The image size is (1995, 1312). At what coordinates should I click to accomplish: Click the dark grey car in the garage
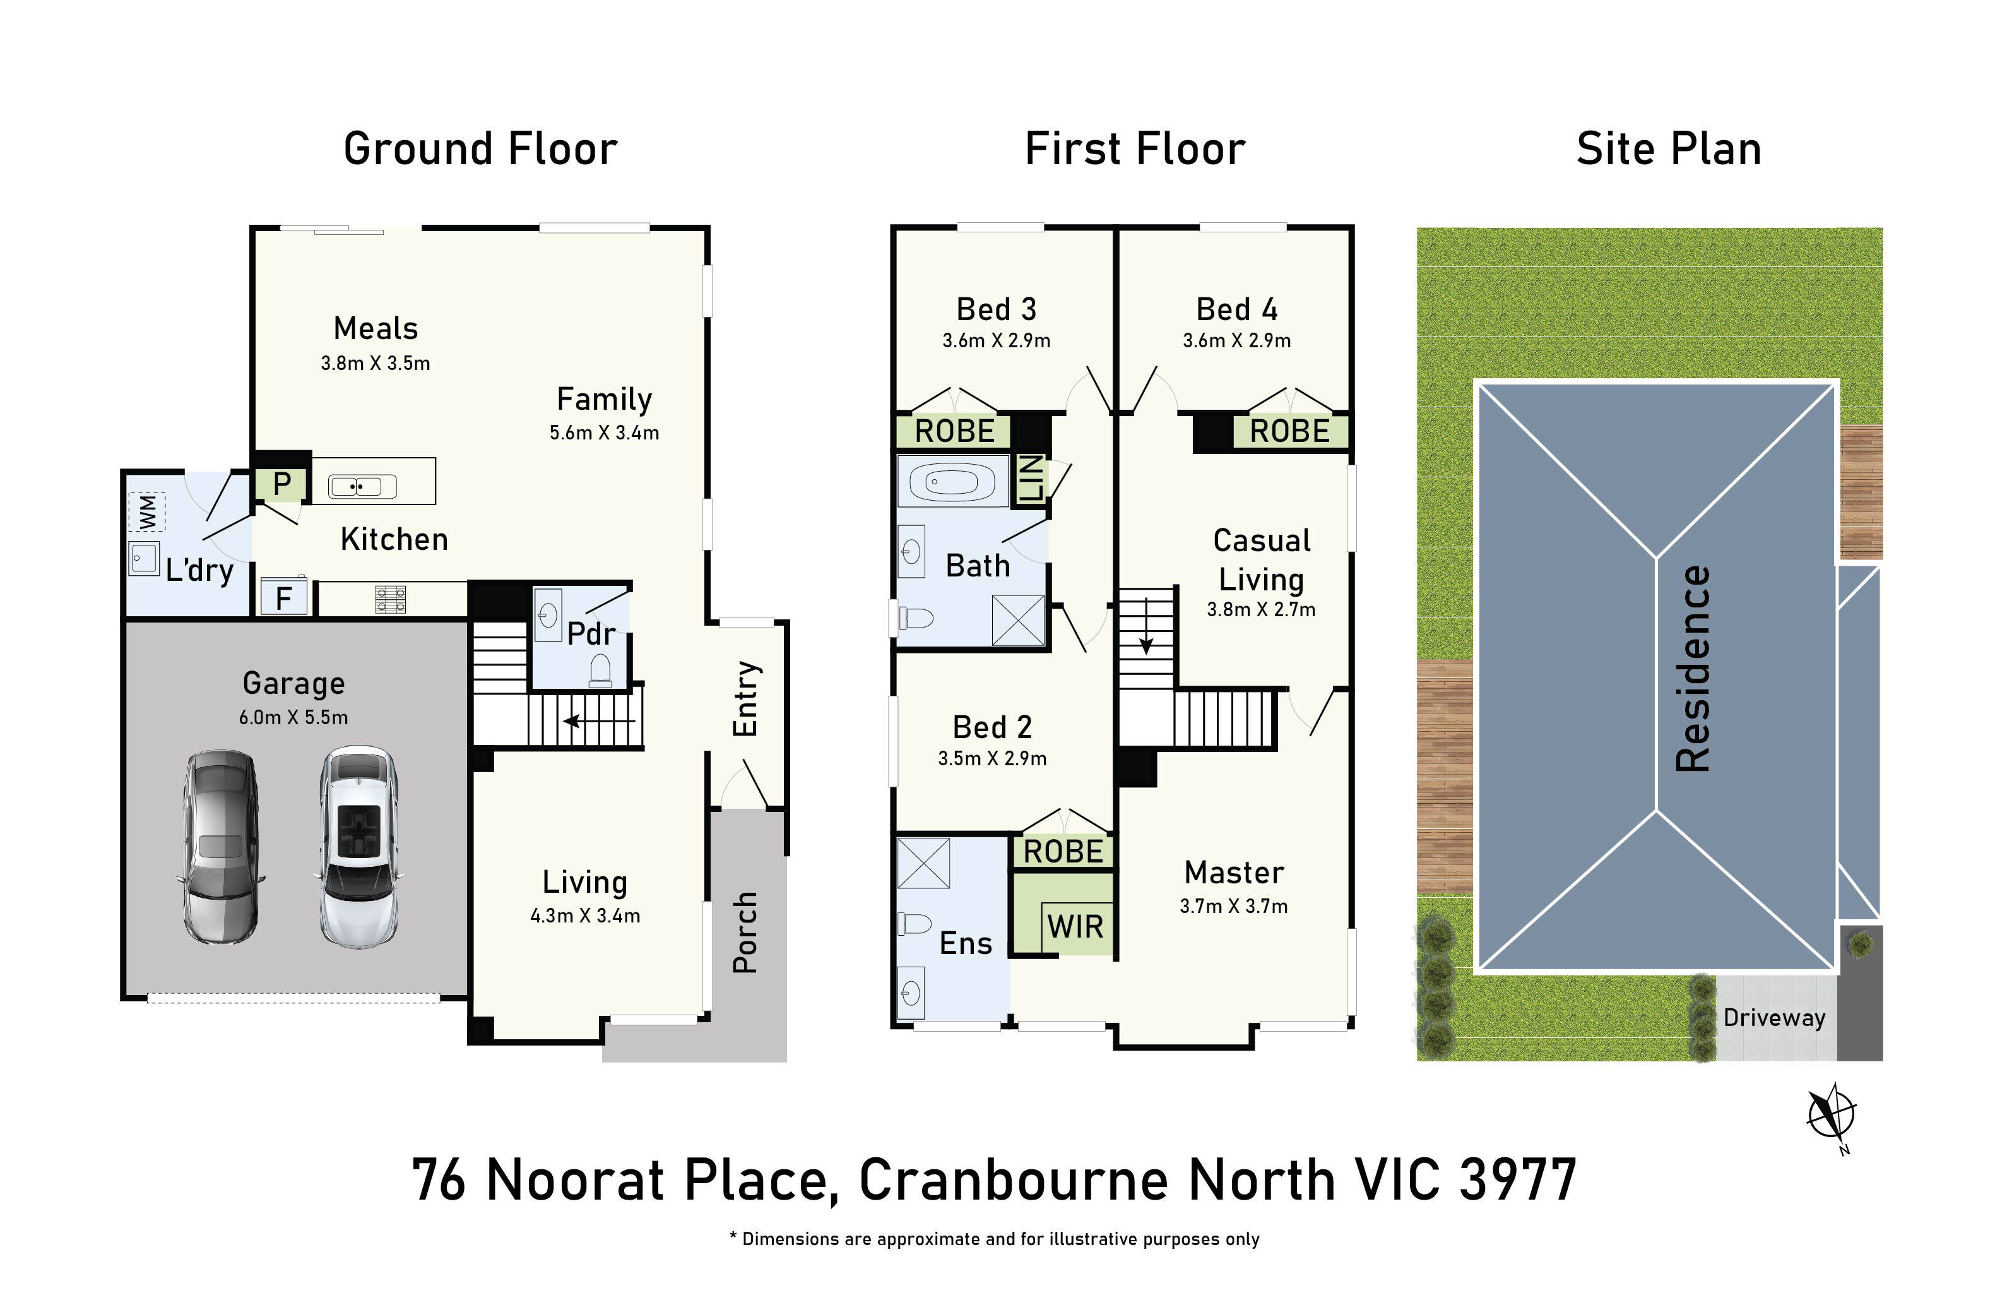[220, 847]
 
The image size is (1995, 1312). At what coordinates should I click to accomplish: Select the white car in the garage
[358, 847]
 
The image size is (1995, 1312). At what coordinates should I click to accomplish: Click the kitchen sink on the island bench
[363, 486]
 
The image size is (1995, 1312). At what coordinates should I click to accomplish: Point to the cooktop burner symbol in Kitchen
[391, 599]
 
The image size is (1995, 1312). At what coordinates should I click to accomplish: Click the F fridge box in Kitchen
[284, 598]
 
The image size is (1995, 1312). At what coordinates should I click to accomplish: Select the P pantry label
[281, 483]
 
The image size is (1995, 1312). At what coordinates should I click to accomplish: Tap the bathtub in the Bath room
[952, 481]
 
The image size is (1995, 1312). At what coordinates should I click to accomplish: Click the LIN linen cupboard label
[1032, 478]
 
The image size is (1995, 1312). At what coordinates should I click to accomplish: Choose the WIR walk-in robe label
[1075, 926]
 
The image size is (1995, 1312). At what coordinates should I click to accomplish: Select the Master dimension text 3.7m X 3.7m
[1233, 906]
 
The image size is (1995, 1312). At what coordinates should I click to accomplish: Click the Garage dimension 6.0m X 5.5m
[293, 718]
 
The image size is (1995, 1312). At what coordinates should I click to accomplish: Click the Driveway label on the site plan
[1773, 1018]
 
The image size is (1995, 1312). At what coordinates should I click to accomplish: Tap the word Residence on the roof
[1693, 668]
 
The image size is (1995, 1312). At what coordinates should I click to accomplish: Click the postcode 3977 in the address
[1518, 1179]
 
